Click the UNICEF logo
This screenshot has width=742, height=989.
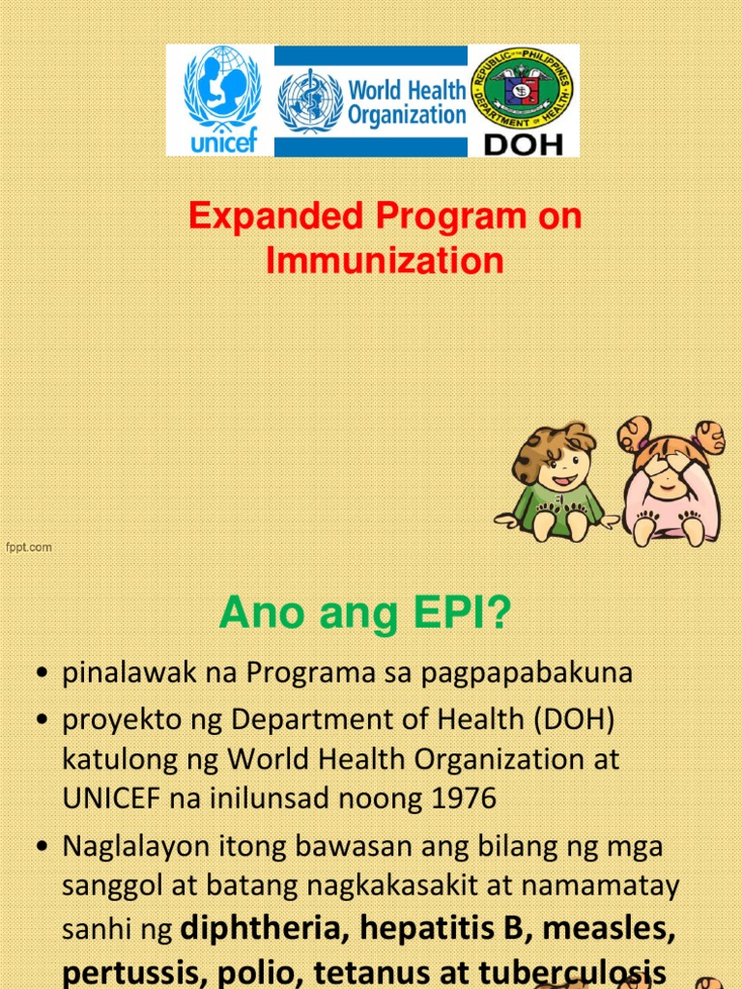[x=221, y=99]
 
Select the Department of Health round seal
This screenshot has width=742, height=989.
[x=522, y=89]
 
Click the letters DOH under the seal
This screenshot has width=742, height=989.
[x=523, y=143]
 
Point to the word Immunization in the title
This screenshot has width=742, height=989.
[x=385, y=261]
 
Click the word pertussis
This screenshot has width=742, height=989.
[x=128, y=969]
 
